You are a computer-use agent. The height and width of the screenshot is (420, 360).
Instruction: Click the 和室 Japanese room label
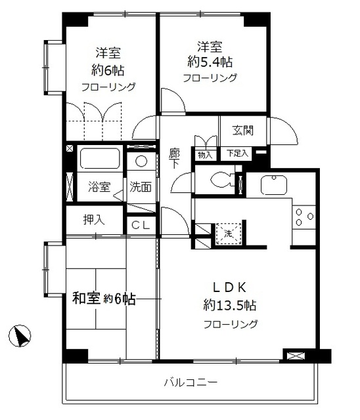click(x=85, y=299)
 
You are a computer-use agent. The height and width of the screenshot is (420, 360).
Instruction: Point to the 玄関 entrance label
click(x=243, y=131)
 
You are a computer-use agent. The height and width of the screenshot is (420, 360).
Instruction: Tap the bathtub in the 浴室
click(x=99, y=159)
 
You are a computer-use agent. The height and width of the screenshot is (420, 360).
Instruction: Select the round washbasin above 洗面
click(x=141, y=161)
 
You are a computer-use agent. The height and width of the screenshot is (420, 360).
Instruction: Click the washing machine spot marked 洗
click(x=227, y=232)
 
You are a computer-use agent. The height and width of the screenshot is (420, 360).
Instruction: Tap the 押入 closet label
click(x=93, y=219)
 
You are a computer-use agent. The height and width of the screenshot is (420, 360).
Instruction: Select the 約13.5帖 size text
click(x=229, y=305)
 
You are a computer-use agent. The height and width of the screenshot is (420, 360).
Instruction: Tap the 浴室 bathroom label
click(x=99, y=187)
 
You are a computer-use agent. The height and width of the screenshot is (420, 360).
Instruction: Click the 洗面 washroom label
click(x=141, y=187)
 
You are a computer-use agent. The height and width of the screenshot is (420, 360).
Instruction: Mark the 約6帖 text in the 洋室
click(x=107, y=70)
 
